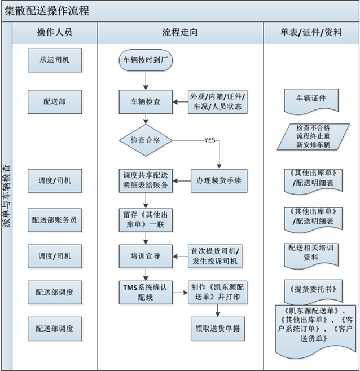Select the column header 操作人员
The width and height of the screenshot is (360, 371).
pos(54,32)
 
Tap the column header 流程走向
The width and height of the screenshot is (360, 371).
pos(180,32)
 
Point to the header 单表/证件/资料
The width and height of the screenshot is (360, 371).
pos(311,32)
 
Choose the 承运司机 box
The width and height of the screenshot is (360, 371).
pos(54,60)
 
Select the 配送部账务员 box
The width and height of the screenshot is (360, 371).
pos(54,219)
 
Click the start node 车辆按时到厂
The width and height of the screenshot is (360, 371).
pos(146,60)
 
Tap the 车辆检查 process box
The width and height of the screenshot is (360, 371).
pos(146,102)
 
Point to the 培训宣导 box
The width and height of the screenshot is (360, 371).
pos(146,256)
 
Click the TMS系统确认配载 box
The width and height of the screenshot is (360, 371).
pos(146,291)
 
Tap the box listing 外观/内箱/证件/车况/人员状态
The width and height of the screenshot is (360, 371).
pos(218,102)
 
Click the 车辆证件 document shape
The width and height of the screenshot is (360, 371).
pos(311,99)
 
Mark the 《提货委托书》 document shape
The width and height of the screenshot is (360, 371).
pos(311,289)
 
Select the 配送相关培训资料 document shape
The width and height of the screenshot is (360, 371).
pos(311,252)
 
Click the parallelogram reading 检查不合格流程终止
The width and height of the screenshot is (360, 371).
pos(311,137)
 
